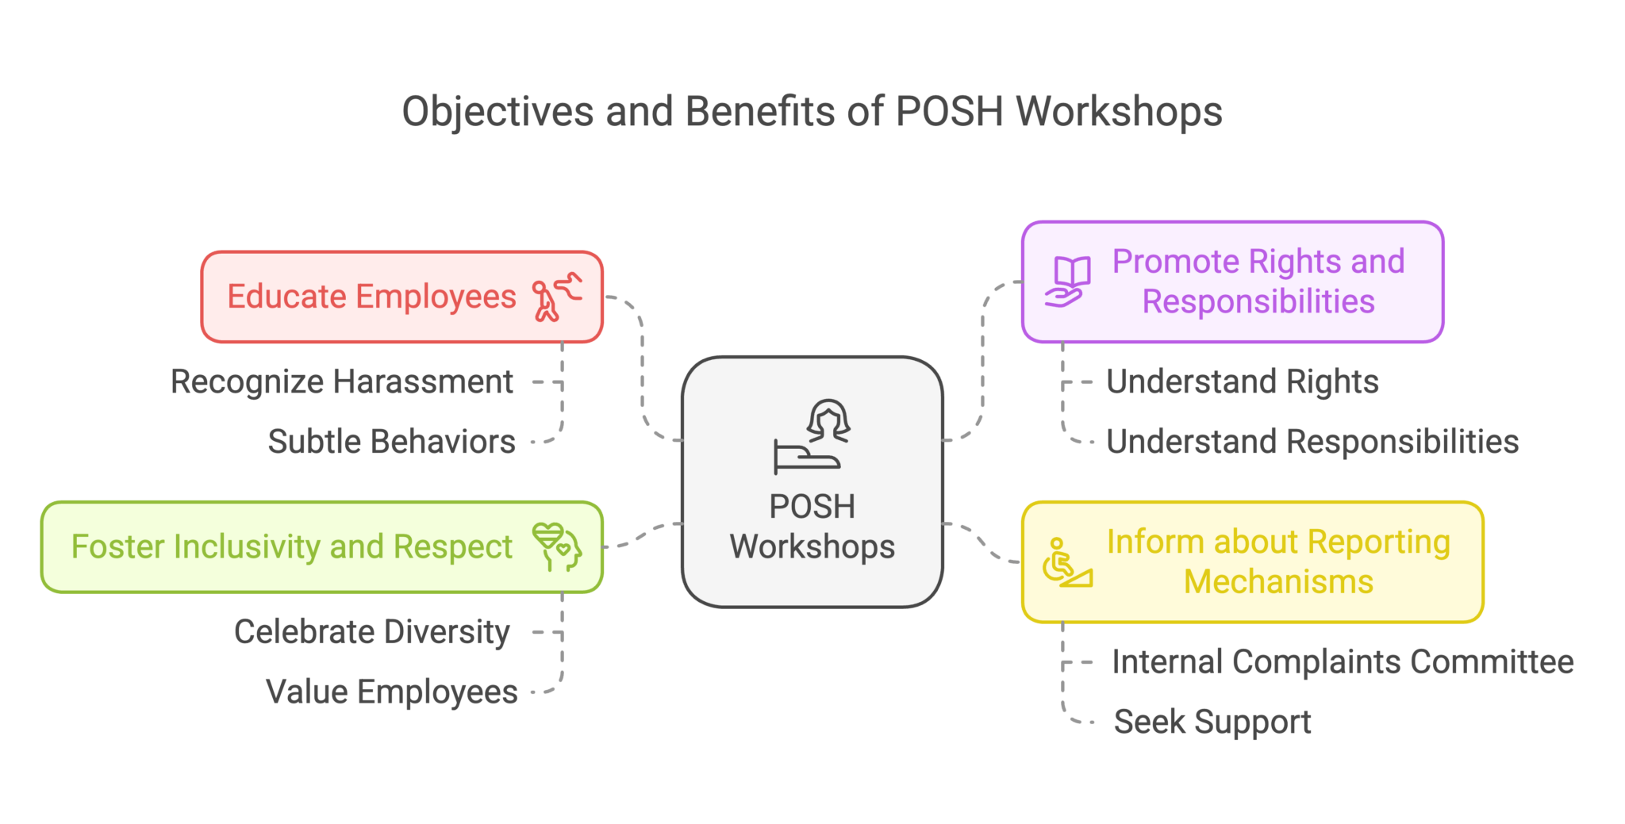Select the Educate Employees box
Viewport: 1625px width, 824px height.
coord(371,297)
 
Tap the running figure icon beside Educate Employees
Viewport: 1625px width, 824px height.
coord(557,297)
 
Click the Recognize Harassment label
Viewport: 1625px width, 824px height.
coord(342,382)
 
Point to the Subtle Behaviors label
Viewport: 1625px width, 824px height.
coord(391,442)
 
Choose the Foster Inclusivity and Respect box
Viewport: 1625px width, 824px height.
coord(291,547)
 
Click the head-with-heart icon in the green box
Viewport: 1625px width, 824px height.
coord(558,546)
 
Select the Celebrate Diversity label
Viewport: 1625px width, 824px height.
coord(372,632)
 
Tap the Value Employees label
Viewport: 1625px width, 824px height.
coord(391,692)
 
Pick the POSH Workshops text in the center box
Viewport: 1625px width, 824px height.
coord(812,527)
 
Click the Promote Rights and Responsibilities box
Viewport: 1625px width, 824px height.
coord(1258,282)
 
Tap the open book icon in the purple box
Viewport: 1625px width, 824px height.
coord(1067,282)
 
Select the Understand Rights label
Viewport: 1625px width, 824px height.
coord(1243,382)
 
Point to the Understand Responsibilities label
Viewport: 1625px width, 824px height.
coord(1312,442)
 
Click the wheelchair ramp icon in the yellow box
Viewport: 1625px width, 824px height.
coord(1066,563)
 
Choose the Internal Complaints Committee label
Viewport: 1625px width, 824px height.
coord(1343,662)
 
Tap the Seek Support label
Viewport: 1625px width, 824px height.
coord(1212,722)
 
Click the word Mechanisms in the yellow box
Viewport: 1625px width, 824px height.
coord(1278,582)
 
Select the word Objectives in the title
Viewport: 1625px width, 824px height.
coord(497,112)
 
